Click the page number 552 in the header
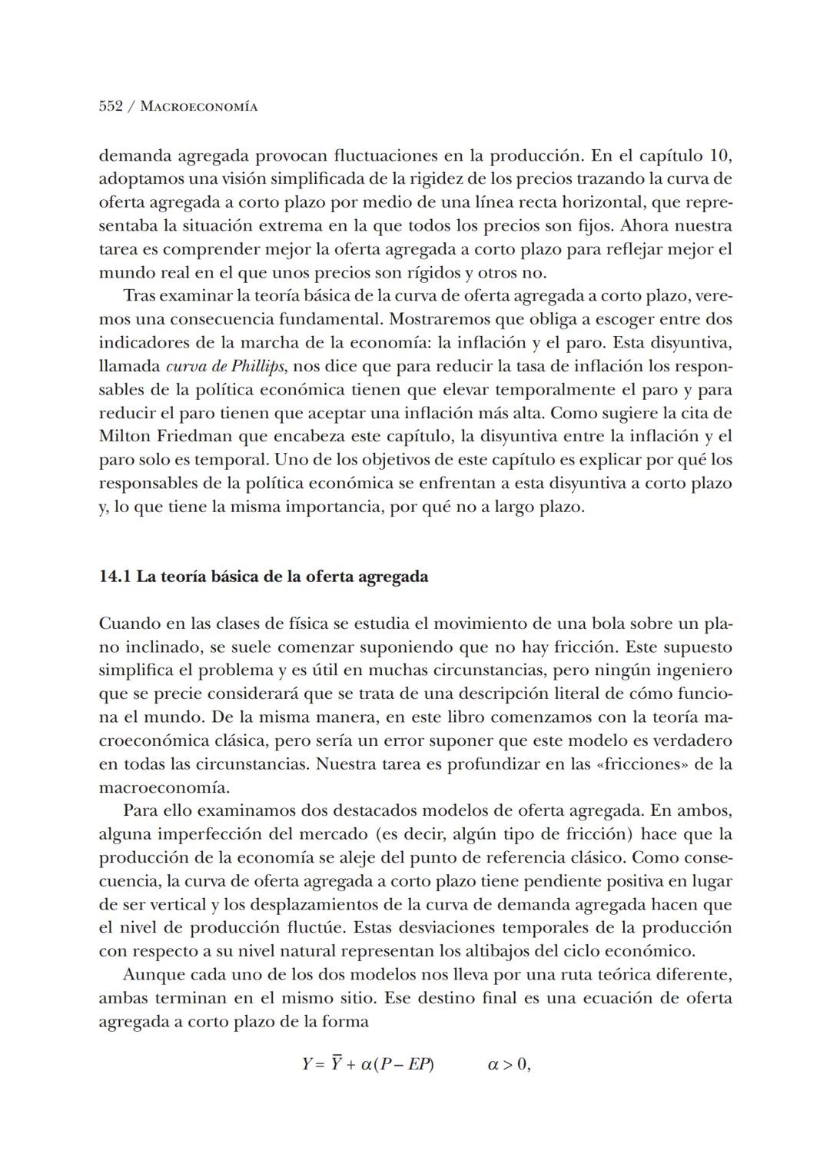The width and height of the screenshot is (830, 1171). coord(111,107)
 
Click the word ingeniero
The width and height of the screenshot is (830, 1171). coord(692,670)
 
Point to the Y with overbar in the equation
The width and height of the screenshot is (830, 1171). coord(336,1066)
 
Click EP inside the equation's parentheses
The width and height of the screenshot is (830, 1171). coord(419,1066)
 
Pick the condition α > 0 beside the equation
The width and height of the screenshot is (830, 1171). coord(509,1066)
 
